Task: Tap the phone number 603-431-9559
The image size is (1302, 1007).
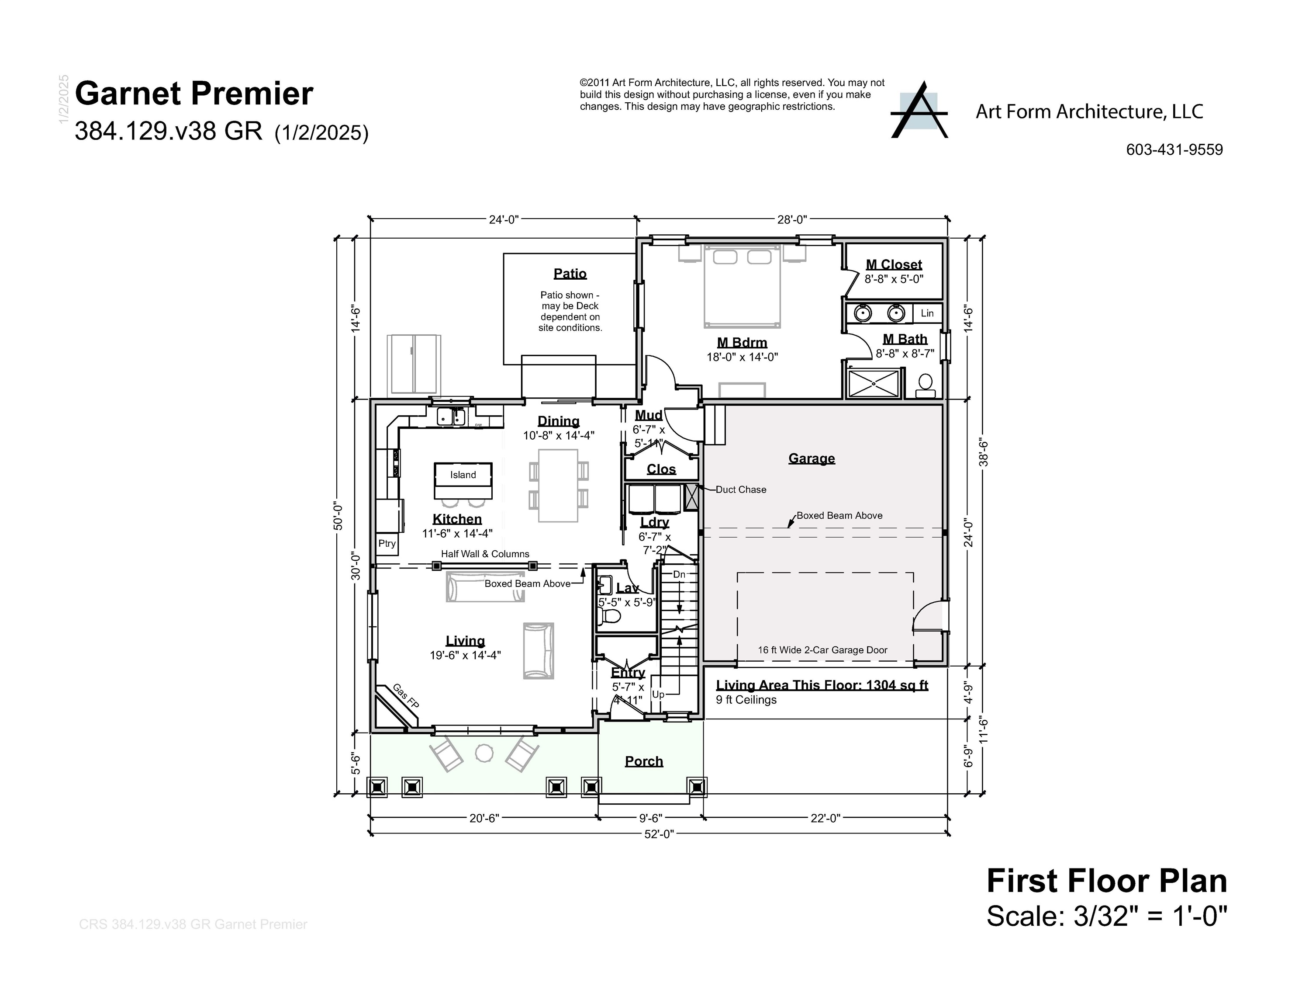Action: coord(1174,150)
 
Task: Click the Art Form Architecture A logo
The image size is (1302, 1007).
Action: coord(919,111)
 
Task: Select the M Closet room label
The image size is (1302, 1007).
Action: coord(893,264)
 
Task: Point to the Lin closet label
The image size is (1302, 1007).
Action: coord(927,313)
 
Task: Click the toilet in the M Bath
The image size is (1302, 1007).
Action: coord(925,385)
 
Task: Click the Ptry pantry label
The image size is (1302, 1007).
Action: coord(387,543)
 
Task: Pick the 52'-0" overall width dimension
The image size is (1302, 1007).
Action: coord(658,834)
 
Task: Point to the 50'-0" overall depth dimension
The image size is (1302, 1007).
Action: coord(338,515)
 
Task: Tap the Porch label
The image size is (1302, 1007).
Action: coord(643,761)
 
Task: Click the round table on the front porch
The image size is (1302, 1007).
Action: coord(484,753)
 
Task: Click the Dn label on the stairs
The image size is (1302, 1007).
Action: coord(679,574)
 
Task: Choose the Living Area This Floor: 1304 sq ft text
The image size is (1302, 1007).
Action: coord(822,685)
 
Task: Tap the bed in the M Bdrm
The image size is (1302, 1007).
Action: coord(742,286)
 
